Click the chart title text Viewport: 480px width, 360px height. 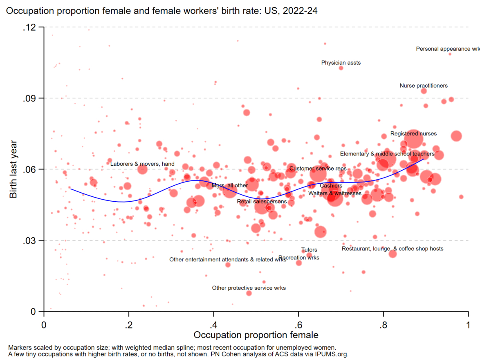[x=161, y=11]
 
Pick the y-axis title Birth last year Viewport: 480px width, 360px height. [x=13, y=169]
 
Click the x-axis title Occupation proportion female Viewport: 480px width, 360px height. [x=256, y=335]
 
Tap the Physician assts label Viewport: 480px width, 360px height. [x=341, y=63]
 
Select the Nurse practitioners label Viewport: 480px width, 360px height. [x=424, y=86]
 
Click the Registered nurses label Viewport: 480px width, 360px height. [x=413, y=134]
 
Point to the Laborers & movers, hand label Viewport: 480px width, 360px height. [x=142, y=164]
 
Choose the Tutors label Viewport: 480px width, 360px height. [x=309, y=250]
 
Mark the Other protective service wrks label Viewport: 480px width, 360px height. [x=249, y=288]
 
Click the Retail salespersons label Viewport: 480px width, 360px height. [x=262, y=202]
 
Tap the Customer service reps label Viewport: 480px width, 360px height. [x=318, y=169]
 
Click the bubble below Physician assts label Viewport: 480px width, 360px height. [x=341, y=68]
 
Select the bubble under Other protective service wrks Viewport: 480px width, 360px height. [x=249, y=293]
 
